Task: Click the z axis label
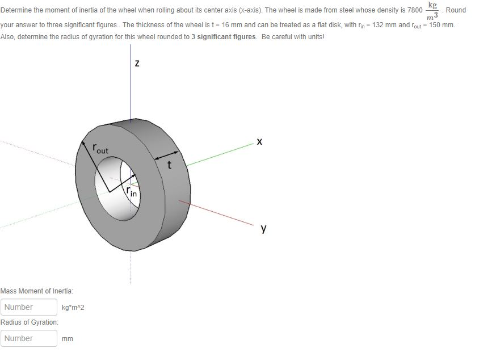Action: pos(137,64)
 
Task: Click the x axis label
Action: pos(260,141)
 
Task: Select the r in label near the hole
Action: pos(133,193)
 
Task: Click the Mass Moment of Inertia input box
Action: pos(29,307)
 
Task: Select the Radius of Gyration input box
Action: pos(29,338)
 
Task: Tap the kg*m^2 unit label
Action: pos(73,308)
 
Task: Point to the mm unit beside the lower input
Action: pos(68,339)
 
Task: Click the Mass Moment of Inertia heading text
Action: pos(37,291)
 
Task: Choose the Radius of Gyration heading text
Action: pos(30,322)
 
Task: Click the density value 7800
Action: pos(415,10)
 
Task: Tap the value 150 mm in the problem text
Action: pos(440,26)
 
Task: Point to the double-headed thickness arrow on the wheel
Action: pos(166,154)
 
